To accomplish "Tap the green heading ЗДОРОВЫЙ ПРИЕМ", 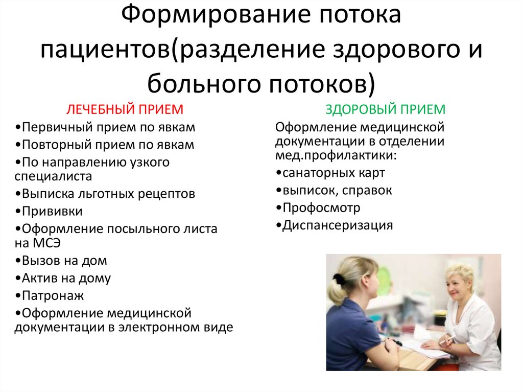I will (386, 109).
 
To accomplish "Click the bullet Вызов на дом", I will (61, 260).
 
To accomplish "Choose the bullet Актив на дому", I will (63, 278).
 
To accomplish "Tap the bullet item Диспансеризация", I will (337, 225).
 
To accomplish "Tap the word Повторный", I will (56, 144).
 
